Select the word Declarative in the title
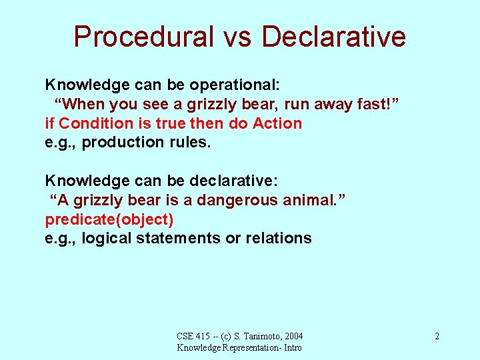click(333, 37)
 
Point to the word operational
click(234, 85)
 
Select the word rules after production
click(190, 142)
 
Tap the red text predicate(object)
click(109, 219)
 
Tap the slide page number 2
click(437, 336)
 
